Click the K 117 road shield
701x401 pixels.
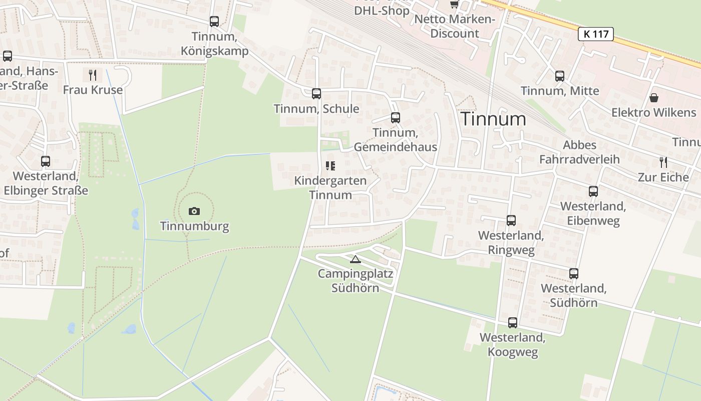click(595, 34)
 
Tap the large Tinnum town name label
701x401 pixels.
click(493, 119)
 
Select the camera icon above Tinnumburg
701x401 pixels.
click(194, 211)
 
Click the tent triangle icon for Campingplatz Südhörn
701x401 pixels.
click(356, 259)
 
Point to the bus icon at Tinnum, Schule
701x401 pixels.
click(316, 94)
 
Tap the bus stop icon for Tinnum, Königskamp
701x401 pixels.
click(214, 22)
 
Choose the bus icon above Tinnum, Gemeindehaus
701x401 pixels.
click(396, 118)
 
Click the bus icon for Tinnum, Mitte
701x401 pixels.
click(560, 76)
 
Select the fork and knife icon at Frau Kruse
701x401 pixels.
click(93, 75)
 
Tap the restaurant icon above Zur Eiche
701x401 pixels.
click(663, 162)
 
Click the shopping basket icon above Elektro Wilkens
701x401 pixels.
click(653, 98)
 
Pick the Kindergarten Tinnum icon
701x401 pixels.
click(330, 165)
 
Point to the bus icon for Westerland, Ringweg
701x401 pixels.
click(511, 221)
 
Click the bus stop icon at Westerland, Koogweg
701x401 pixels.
click(513, 323)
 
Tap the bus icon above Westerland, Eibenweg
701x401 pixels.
click(593, 191)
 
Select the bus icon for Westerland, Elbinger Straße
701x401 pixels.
click(46, 161)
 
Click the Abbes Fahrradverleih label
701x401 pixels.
click(579, 152)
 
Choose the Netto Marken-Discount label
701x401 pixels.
click(455, 27)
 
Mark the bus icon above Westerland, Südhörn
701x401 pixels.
click(574, 274)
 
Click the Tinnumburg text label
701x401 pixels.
click(194, 226)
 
